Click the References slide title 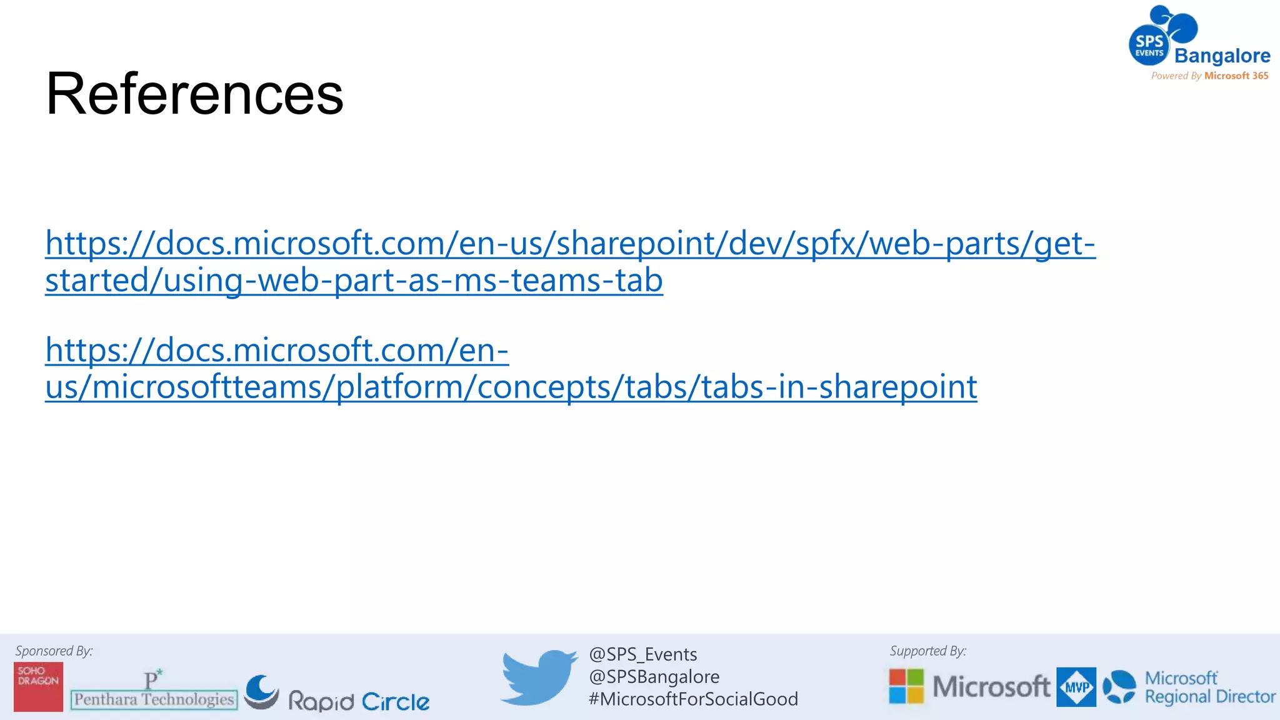(194, 94)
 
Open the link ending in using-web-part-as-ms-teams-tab (354, 279)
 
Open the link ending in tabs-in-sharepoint (511, 386)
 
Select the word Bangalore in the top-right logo (1222, 56)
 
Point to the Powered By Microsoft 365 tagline (1209, 76)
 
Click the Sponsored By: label (54, 651)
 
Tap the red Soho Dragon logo (38, 686)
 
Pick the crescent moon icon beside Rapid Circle (261, 692)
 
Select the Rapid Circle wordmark (359, 701)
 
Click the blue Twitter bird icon (538, 677)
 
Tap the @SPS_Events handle (642, 654)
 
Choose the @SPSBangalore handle (654, 677)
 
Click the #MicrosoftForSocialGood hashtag (693, 699)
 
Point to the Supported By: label (927, 651)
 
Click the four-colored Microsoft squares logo (906, 686)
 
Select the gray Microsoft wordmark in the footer (991, 686)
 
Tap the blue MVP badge (1076, 687)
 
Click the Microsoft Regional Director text (1209, 687)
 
